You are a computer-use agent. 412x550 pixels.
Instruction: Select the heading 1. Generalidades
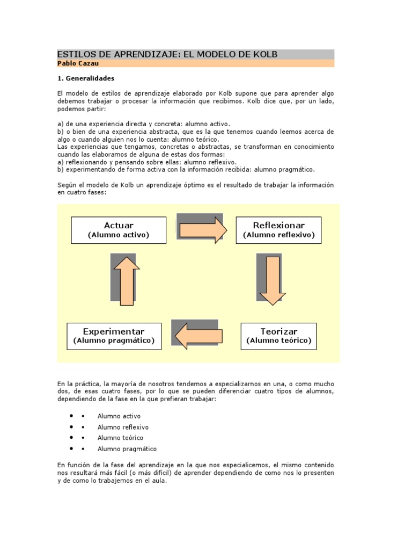tap(86, 78)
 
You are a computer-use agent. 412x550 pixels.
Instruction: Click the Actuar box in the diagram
tap(119, 230)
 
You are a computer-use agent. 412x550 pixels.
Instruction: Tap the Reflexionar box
tap(278, 230)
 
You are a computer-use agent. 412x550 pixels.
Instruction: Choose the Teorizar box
tap(278, 336)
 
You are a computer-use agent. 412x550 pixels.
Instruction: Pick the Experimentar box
tap(114, 336)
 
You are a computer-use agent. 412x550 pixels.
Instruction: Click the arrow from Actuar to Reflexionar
tap(203, 230)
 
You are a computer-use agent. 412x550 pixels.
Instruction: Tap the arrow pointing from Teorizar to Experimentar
tap(195, 336)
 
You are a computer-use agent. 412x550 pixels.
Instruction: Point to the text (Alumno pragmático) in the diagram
tap(114, 341)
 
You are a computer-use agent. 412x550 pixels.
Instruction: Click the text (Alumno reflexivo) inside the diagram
tap(278, 235)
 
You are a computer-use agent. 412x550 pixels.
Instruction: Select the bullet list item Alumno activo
tap(119, 416)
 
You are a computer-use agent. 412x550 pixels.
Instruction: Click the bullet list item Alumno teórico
tap(120, 438)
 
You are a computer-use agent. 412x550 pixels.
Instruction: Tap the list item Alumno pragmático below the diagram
tap(127, 449)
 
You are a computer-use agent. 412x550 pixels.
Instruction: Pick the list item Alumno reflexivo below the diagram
tap(123, 427)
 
